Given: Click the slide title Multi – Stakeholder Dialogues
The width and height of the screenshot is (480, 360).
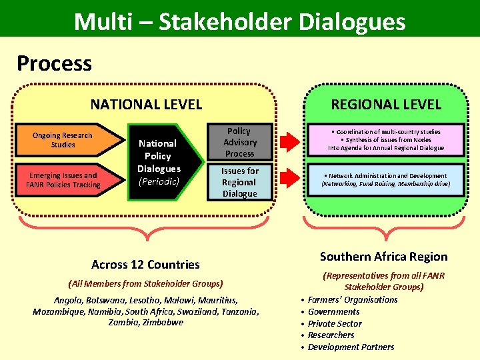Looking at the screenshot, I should [240, 21].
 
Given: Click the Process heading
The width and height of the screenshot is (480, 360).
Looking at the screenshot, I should [54, 63].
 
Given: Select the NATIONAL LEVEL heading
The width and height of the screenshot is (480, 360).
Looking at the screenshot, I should [146, 104].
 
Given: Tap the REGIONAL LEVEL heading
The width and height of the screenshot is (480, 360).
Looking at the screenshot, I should [386, 104].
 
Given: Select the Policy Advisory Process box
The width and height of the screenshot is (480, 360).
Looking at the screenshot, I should [239, 143].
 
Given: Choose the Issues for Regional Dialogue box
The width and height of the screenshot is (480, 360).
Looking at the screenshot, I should [239, 182].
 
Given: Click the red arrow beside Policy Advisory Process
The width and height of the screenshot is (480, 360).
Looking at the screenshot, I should [289, 142].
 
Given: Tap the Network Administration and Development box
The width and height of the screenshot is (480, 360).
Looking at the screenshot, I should [384, 180].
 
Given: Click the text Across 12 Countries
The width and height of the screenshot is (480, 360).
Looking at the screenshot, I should [145, 264].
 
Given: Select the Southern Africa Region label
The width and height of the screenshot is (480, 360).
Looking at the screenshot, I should [383, 257].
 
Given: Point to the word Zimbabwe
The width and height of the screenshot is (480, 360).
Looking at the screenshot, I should [162, 322].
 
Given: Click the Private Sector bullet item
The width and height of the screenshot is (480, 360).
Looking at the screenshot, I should [335, 323].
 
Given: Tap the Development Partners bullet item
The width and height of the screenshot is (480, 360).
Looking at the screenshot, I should [351, 347].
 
